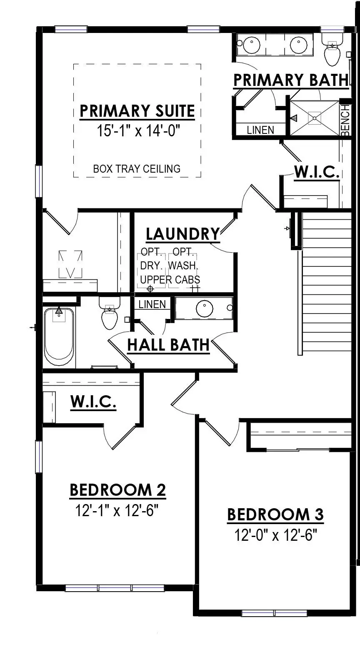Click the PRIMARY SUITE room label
pyautogui.click(x=137, y=111)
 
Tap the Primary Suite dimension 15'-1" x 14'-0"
pyautogui.click(x=138, y=130)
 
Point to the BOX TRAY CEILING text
pyautogui.click(x=137, y=169)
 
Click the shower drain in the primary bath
pyautogui.click(x=315, y=118)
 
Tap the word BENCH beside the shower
pyautogui.click(x=345, y=120)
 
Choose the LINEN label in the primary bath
pyautogui.click(x=260, y=130)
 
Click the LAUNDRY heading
pyautogui.click(x=182, y=234)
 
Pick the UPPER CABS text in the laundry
pyautogui.click(x=170, y=280)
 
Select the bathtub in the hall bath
pyautogui.click(x=59, y=336)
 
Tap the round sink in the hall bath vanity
pyautogui.click(x=204, y=309)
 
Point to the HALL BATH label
pyautogui.click(x=169, y=345)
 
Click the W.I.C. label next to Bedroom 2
pyautogui.click(x=93, y=402)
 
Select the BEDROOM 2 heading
pyautogui.click(x=118, y=490)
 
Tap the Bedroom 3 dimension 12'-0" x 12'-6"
pyautogui.click(x=275, y=535)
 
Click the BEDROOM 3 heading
pyautogui.click(x=275, y=514)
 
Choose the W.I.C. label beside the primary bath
pyautogui.click(x=317, y=172)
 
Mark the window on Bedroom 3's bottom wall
pyautogui.click(x=275, y=613)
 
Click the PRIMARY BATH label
pyautogui.click(x=291, y=80)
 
